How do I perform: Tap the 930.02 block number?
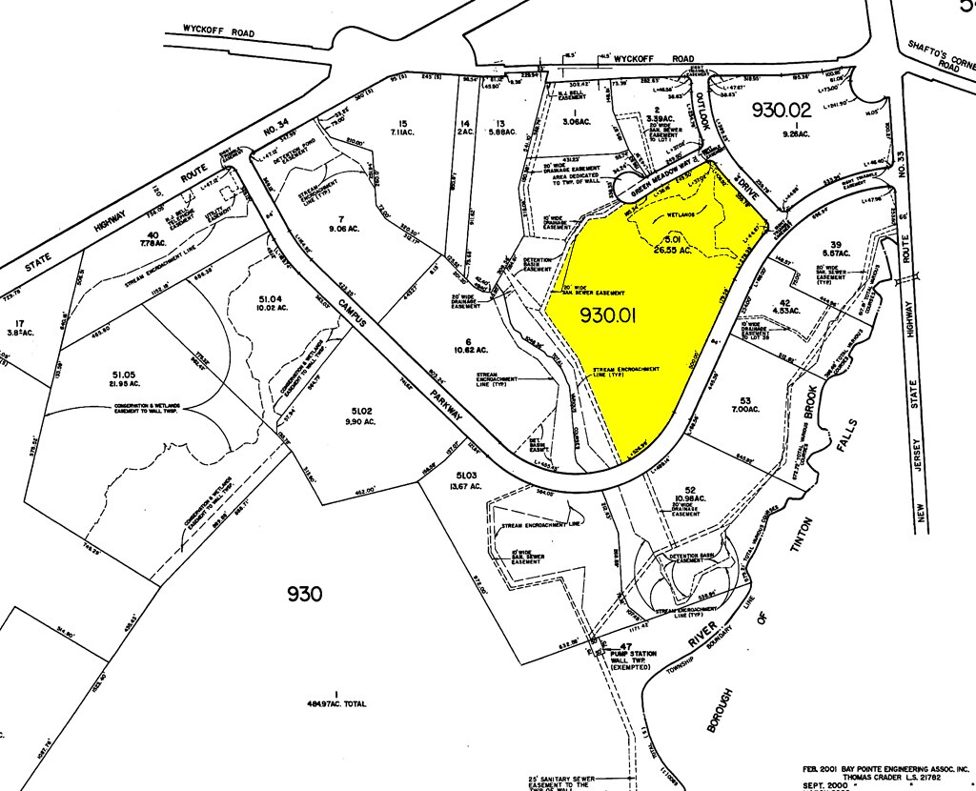tap(783, 110)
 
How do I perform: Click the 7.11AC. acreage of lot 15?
tap(402, 133)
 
